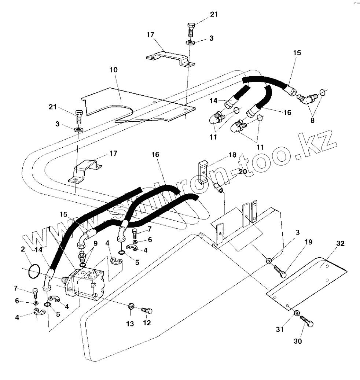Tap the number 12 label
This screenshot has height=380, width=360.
click(x=147, y=323)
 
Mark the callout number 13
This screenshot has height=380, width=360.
click(x=130, y=324)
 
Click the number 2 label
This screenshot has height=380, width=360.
click(x=23, y=249)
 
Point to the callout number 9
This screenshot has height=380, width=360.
click(x=95, y=243)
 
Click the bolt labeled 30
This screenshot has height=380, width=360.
click(x=307, y=322)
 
